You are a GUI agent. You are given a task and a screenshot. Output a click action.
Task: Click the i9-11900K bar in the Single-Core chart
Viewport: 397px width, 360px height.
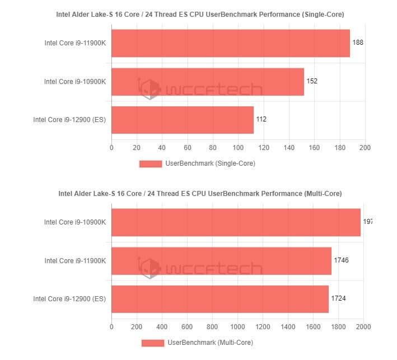click(x=230, y=43)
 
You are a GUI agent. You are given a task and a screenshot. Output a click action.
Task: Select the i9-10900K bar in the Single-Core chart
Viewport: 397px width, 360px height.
click(x=207, y=82)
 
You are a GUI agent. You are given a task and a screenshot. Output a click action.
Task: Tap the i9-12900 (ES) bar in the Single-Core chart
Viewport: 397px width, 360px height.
click(x=182, y=120)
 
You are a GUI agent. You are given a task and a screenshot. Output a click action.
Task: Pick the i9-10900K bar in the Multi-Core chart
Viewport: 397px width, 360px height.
click(x=236, y=222)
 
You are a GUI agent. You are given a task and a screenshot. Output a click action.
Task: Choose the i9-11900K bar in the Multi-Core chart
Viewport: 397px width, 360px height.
click(x=221, y=261)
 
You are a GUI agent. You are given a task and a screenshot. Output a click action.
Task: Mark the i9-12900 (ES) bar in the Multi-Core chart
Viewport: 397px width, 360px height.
click(x=219, y=299)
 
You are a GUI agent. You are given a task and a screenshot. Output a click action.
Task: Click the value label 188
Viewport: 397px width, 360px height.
click(x=358, y=43)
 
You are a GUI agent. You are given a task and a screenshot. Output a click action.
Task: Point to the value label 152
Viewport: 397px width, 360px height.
click(x=312, y=81)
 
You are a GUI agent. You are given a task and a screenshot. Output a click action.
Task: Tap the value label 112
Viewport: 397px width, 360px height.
click(x=261, y=119)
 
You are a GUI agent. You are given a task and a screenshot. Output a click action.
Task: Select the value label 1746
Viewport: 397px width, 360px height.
click(x=342, y=260)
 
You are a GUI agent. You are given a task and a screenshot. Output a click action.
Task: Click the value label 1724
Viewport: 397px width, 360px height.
click(x=338, y=298)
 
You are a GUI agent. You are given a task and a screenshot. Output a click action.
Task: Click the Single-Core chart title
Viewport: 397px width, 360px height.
click(x=200, y=14)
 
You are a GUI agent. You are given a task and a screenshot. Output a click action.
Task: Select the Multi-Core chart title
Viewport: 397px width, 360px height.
click(x=200, y=194)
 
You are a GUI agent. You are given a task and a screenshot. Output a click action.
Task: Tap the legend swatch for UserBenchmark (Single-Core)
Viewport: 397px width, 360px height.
click(x=150, y=164)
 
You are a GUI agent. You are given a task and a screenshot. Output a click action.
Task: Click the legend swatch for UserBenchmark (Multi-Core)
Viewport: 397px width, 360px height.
click(x=152, y=343)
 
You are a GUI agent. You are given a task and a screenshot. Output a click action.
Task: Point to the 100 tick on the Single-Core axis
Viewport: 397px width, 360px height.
click(x=238, y=148)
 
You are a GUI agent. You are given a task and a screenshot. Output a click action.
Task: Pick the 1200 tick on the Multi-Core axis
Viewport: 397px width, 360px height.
click(x=263, y=327)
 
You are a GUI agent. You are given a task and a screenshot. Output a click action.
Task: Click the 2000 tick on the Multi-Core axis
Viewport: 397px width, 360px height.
click(x=363, y=327)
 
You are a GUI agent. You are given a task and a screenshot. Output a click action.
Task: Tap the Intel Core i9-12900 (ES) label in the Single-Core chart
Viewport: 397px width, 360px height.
click(x=69, y=120)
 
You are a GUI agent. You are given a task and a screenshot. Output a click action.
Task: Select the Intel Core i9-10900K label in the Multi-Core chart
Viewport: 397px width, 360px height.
click(x=75, y=222)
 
